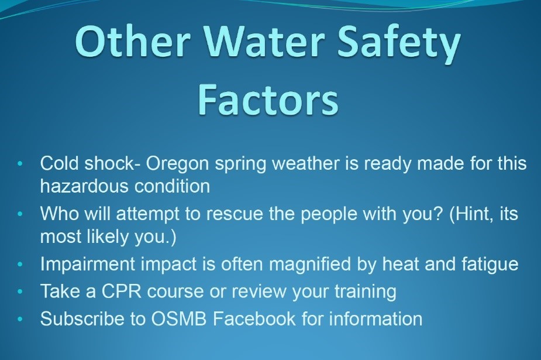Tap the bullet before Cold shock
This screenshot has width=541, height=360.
20,163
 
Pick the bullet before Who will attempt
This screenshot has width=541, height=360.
20,214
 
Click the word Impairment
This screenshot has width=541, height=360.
87,265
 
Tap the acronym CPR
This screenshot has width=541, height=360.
121,292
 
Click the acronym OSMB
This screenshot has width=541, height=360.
179,318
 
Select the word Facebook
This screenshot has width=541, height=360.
254,318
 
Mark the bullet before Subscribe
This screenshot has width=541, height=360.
20,319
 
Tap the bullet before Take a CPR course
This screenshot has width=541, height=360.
20,292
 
